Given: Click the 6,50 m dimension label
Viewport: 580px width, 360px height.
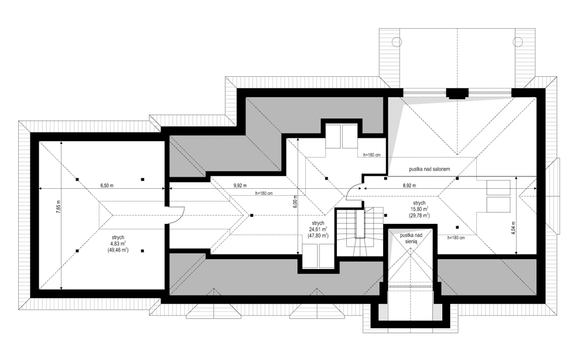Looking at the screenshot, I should pyautogui.click(x=107, y=185).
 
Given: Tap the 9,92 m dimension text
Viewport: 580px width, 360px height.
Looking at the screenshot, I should pyautogui.click(x=240, y=185).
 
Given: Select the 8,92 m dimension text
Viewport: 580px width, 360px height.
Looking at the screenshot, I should pyautogui.click(x=410, y=185).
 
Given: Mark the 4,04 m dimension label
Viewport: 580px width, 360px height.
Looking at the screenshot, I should pyautogui.click(x=513, y=227).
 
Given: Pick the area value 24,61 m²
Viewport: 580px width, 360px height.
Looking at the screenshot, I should pyautogui.click(x=319, y=229).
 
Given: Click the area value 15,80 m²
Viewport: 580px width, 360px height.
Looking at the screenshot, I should pyautogui.click(x=419, y=209).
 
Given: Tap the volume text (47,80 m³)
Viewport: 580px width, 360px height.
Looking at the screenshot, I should pyautogui.click(x=319, y=236).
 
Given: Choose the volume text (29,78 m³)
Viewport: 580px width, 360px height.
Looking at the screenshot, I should pyautogui.click(x=419, y=216).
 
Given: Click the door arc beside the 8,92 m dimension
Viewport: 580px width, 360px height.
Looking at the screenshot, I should pyautogui.click(x=355, y=191).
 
